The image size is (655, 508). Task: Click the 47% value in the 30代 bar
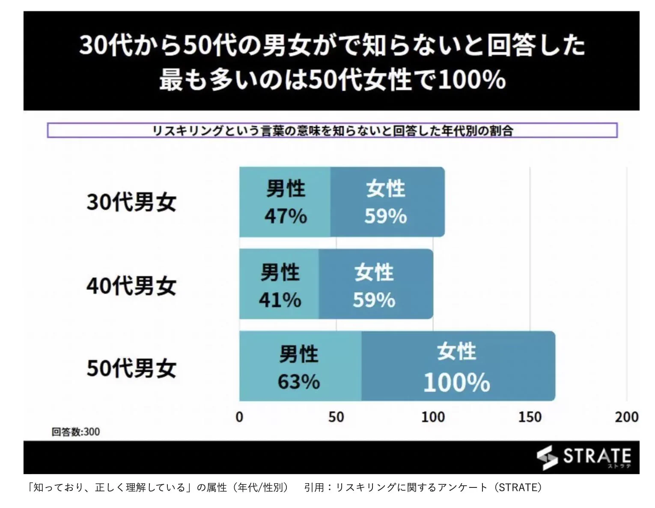286,216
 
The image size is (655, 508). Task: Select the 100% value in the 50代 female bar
456,382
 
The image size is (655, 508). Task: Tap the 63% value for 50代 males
298,382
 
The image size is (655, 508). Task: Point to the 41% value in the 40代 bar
280,300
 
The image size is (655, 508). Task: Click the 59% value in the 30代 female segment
385,216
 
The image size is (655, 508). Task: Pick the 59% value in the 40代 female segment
374,300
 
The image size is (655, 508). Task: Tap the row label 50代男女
131,368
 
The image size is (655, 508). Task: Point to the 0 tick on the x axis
239,417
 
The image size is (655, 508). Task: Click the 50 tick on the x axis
336,417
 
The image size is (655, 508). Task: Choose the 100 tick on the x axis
433,417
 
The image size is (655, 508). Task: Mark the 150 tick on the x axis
530,417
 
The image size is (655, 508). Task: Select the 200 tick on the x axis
626,417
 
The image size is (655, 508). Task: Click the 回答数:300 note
76,432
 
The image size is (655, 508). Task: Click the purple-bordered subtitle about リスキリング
332,130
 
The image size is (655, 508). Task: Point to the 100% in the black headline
472,80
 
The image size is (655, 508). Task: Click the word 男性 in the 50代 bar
298,355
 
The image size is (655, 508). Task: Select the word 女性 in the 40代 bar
374,272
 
